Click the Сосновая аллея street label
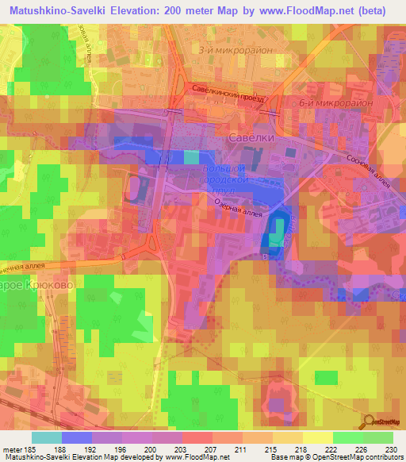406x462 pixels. click(x=368, y=167)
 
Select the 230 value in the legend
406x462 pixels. click(x=392, y=449)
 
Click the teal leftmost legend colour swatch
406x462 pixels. click(x=46, y=437)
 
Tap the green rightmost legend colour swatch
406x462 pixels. click(x=378, y=437)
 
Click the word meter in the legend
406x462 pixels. click(x=14, y=449)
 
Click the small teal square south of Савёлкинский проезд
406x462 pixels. click(x=191, y=156)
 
